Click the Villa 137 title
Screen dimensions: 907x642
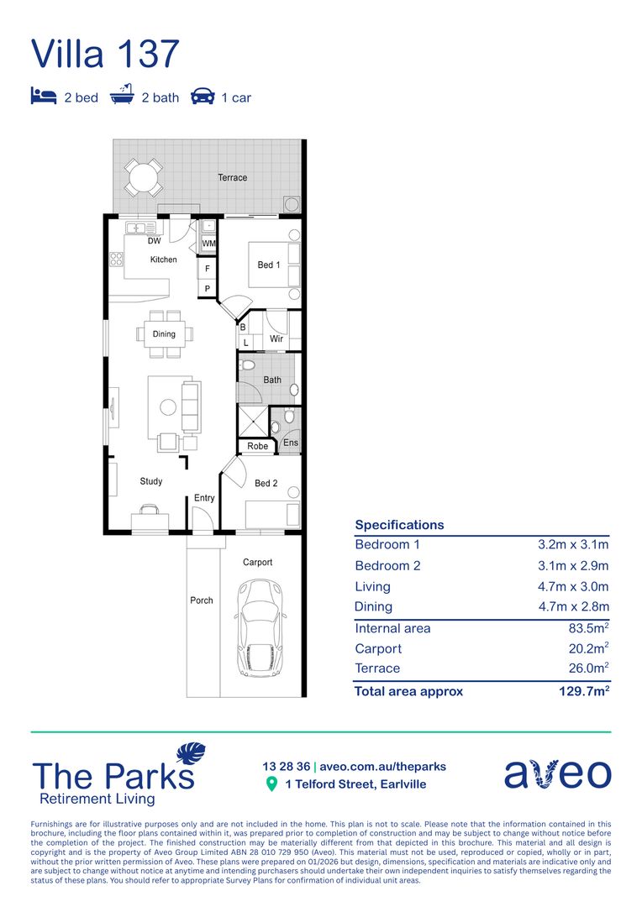coord(106,53)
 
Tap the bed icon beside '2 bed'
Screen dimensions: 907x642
coord(44,97)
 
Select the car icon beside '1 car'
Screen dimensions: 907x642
coord(203,97)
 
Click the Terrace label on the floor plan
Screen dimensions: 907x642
coord(233,177)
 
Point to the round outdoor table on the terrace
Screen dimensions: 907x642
coord(144,177)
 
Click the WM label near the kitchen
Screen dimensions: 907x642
coord(208,244)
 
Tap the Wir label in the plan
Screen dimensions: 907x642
coord(276,339)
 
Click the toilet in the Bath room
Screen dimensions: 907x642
coord(248,366)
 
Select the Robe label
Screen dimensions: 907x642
coord(257,446)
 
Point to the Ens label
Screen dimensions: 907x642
coord(291,443)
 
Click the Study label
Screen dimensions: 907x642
coord(151,481)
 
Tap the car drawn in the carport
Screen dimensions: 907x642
coord(260,628)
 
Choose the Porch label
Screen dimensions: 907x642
coord(202,600)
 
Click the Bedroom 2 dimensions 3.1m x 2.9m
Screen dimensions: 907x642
coord(573,565)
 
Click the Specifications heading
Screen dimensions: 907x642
coord(399,525)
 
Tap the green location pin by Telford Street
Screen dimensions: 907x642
coord(271,784)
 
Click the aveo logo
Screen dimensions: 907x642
coord(557,773)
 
